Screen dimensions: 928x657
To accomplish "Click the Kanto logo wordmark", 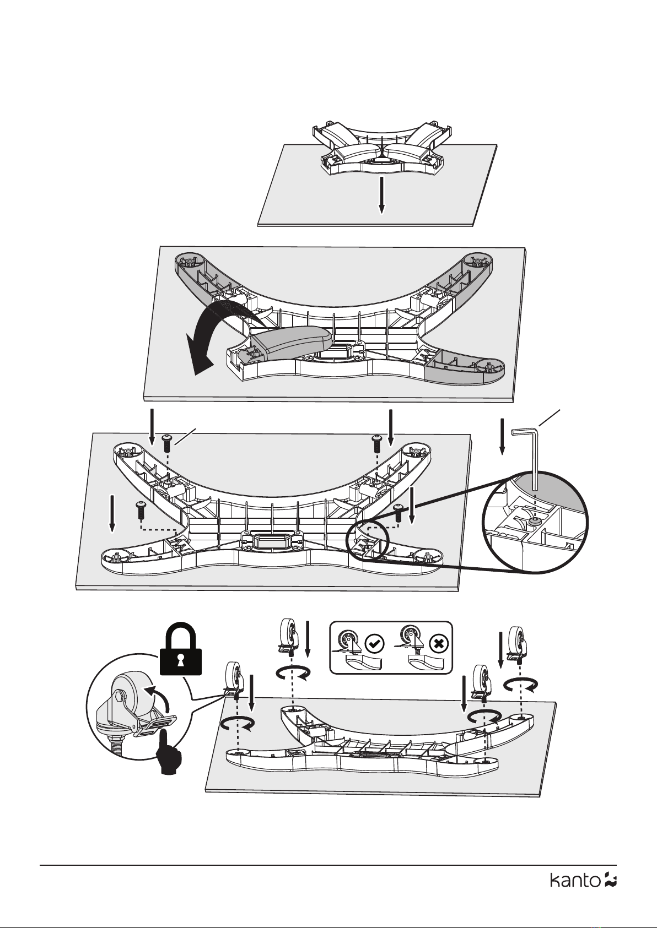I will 575,880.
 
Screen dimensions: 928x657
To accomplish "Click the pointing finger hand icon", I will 166,752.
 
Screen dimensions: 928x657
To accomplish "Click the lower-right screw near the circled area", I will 398,511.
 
